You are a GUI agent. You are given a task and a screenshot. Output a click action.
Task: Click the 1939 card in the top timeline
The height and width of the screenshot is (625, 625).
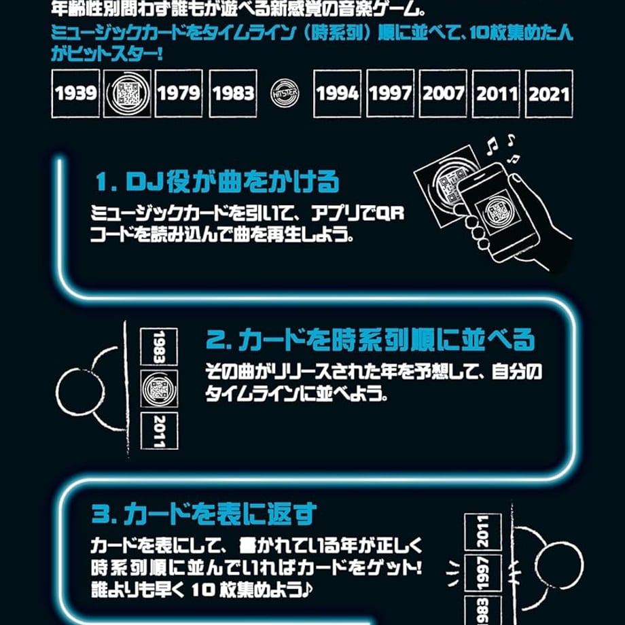[75, 93]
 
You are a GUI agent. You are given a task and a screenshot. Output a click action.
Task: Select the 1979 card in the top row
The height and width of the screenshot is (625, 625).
[179, 93]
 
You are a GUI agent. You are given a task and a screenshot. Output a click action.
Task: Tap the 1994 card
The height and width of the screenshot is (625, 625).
[337, 93]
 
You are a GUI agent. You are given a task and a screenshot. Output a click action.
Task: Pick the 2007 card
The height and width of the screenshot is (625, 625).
[443, 93]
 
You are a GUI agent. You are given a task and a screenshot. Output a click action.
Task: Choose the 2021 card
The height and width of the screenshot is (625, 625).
[549, 93]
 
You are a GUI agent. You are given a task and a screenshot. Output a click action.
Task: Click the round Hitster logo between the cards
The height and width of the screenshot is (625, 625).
[285, 93]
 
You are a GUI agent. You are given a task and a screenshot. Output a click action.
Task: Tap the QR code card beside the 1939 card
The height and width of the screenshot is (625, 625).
[127, 93]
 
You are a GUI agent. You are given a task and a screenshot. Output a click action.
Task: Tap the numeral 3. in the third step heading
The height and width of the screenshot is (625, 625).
[104, 514]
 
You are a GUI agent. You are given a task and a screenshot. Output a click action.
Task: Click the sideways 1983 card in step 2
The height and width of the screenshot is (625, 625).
[159, 346]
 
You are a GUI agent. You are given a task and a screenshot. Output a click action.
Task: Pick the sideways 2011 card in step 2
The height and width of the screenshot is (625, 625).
[160, 431]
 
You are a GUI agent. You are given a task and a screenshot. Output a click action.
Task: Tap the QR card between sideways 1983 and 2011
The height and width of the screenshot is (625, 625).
[159, 389]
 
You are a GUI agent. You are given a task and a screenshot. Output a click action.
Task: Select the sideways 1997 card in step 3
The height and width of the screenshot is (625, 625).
[483, 573]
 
